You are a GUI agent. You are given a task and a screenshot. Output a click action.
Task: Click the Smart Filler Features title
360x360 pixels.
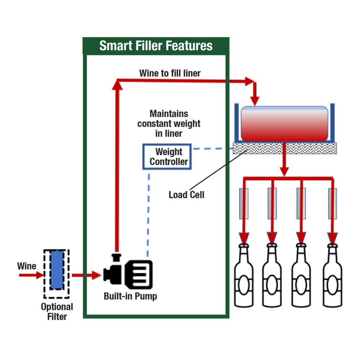[156, 45]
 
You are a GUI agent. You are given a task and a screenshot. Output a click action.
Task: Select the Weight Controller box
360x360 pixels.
[167, 157]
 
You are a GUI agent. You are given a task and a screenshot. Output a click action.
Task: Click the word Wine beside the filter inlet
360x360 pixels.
[27, 266]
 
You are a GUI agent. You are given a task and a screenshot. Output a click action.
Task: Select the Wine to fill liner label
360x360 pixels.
[170, 73]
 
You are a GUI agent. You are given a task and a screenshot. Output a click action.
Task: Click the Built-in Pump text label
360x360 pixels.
[130, 296]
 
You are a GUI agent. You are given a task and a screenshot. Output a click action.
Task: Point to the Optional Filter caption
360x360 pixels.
[57, 311]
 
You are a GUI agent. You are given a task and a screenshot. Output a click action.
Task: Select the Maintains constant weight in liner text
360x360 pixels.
[169, 124]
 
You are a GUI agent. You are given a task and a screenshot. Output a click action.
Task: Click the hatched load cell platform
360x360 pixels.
[285, 148]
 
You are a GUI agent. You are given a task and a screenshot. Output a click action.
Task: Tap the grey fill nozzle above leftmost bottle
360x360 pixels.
[243, 203]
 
